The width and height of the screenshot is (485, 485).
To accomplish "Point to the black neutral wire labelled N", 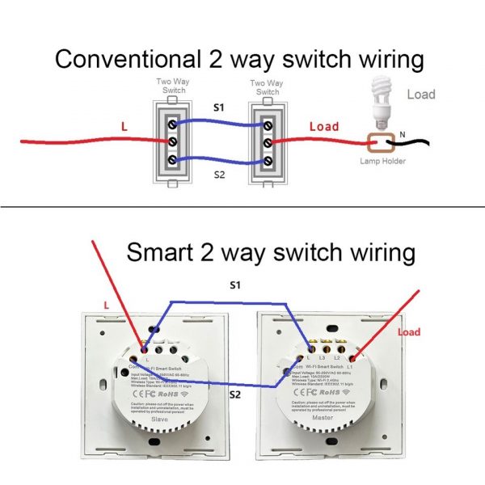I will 420,144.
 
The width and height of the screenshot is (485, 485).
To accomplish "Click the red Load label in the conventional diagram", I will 324,127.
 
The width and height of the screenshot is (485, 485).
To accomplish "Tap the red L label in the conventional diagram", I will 124,127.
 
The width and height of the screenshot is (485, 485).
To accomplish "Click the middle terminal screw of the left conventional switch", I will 171,141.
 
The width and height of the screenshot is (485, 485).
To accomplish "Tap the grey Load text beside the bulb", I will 420,95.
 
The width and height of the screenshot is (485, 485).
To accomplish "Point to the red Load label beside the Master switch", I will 410,331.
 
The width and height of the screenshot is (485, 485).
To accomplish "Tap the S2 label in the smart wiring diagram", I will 234,394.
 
